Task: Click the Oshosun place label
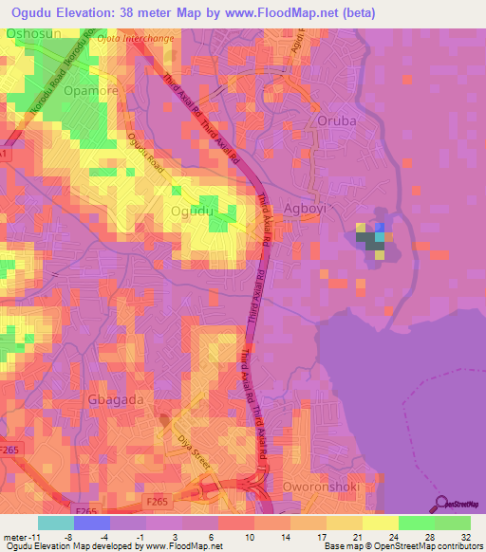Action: coord(34,33)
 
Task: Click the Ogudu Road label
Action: coord(145,156)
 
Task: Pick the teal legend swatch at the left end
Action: coord(55,523)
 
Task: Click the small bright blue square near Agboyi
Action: coord(381,228)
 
